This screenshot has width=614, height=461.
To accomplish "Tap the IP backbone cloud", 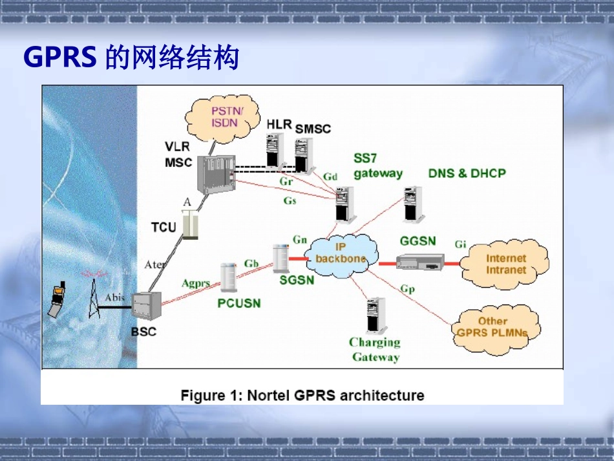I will [341, 253].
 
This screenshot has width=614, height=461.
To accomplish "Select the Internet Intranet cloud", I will [506, 264].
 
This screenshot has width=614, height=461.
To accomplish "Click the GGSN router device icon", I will [419, 261].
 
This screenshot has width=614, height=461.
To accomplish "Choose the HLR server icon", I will [275, 150].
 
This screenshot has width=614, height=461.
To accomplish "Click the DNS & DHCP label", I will [467, 173].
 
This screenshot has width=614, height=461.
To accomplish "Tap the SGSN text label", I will [297, 280].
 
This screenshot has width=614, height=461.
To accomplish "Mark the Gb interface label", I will [251, 263].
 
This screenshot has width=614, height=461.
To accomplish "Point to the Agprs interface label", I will [196, 283].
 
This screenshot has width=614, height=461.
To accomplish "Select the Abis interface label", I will [114, 297].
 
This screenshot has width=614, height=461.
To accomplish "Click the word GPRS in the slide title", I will [60, 58].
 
